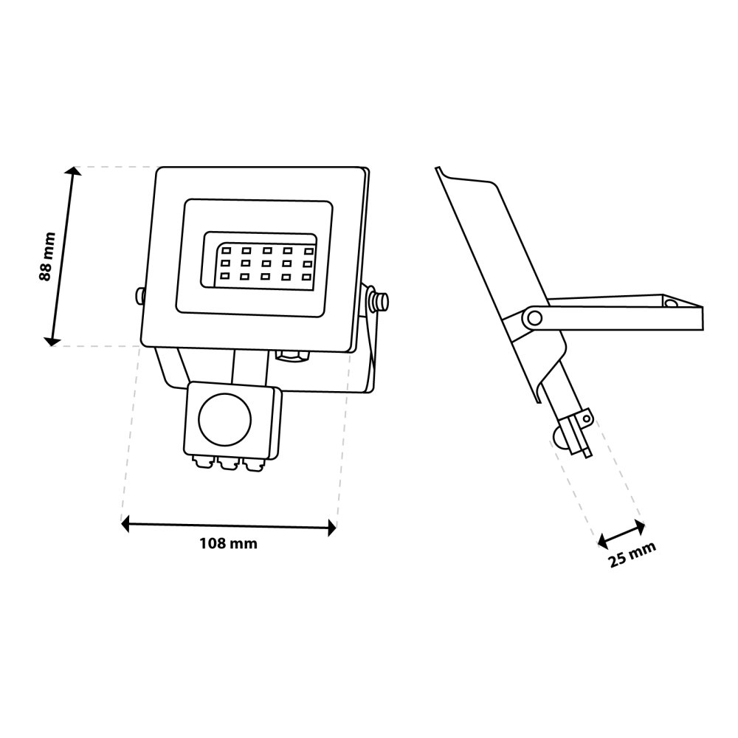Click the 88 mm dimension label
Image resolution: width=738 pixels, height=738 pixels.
(47, 257)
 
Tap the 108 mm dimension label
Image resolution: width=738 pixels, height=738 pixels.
(228, 544)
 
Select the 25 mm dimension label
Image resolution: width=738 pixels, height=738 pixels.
(632, 554)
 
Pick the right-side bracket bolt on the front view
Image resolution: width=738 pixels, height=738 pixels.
(379, 300)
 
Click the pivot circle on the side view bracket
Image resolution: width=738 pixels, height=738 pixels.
(534, 317)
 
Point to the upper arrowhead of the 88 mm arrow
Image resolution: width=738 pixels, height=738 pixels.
(72, 170)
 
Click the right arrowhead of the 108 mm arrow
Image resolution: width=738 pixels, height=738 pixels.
(332, 528)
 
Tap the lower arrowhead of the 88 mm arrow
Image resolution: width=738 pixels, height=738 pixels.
(51, 341)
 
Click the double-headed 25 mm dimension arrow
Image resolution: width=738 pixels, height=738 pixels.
(621, 534)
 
